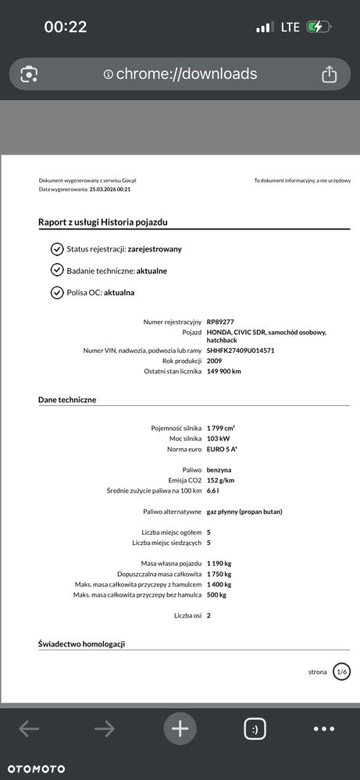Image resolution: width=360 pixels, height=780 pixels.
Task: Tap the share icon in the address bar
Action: [329, 74]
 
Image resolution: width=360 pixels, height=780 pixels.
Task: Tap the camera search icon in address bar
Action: [29, 74]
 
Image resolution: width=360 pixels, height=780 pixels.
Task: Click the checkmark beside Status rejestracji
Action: [56, 249]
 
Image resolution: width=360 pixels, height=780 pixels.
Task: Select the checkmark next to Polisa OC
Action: [56, 293]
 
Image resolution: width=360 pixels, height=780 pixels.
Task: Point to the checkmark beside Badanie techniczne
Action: [56, 270]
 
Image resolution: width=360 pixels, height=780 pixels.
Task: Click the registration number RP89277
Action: [222, 322]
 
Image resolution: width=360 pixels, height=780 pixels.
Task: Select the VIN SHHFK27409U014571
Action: [241, 351]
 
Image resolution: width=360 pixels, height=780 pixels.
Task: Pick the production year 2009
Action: [215, 361]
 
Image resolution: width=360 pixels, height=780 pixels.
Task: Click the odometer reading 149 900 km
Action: [224, 371]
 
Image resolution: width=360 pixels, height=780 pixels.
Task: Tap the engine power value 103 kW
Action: [219, 439]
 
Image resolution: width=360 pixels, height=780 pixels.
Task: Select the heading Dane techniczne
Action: [67, 400]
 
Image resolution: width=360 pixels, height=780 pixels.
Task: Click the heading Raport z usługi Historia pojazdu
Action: [102, 223]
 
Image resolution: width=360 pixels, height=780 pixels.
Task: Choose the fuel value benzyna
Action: [220, 470]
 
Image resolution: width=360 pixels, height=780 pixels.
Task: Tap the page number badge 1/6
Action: [341, 671]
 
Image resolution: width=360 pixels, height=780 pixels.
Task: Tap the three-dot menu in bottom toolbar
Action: [323, 729]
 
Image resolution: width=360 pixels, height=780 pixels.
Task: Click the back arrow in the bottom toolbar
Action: [29, 729]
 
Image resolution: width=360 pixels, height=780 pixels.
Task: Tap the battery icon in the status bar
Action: [319, 27]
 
